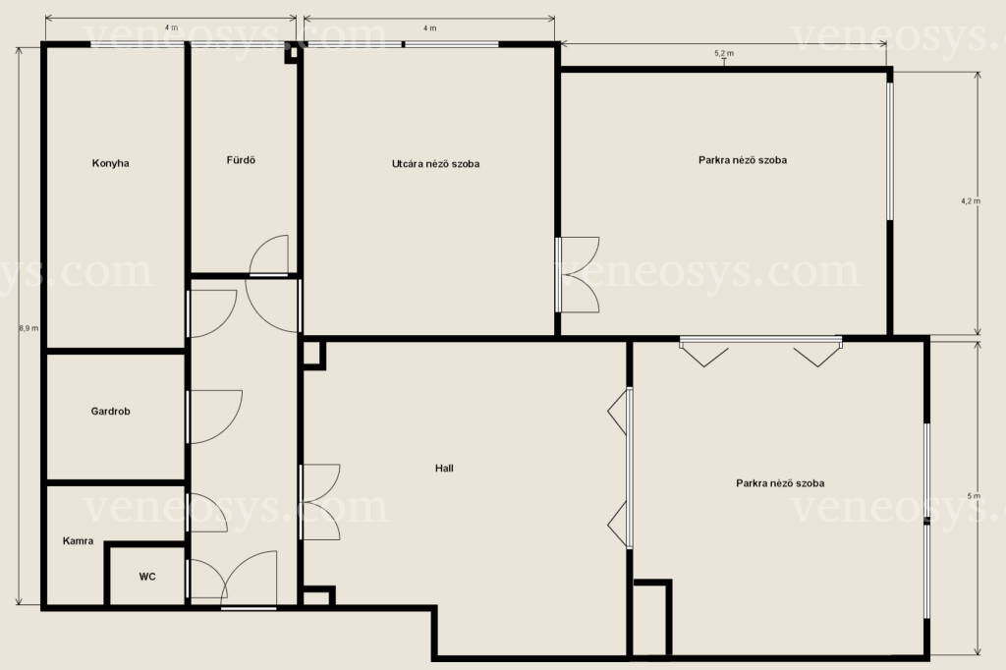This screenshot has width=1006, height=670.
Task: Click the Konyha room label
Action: pyautogui.click(x=110, y=163)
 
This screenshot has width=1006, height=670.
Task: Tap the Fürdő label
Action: pyautogui.click(x=241, y=160)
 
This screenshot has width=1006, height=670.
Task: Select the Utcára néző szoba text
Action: pyautogui.click(x=435, y=164)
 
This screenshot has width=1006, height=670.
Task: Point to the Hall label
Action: pyautogui.click(x=444, y=468)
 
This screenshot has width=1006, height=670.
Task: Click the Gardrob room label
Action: pyautogui.click(x=110, y=411)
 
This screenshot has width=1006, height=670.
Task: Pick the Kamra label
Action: pyautogui.click(x=79, y=541)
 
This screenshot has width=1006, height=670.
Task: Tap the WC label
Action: pyautogui.click(x=147, y=577)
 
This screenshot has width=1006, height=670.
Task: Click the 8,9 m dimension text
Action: pyautogui.click(x=28, y=328)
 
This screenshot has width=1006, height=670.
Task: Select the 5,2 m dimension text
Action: pyautogui.click(x=724, y=53)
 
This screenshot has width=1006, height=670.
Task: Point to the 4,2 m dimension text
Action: pyautogui.click(x=971, y=200)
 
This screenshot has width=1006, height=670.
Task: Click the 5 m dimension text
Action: pyautogui.click(x=974, y=496)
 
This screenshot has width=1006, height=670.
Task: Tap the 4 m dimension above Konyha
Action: pyautogui.click(x=171, y=28)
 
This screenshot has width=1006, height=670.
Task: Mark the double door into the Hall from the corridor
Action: pyautogui.click(x=321, y=502)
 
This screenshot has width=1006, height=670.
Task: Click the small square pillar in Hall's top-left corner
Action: pyautogui.click(x=313, y=355)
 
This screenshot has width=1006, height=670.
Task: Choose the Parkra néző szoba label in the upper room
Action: pyautogui.click(x=743, y=160)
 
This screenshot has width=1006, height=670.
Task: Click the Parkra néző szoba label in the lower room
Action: pyautogui.click(x=780, y=483)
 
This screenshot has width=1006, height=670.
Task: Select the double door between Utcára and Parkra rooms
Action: pyautogui.click(x=578, y=275)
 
